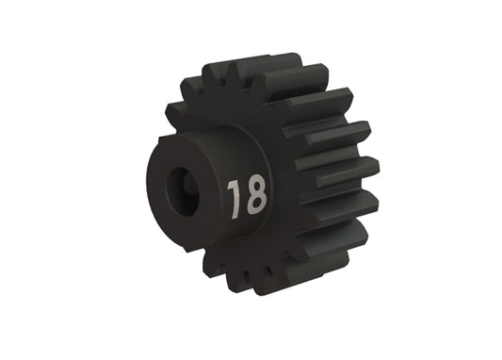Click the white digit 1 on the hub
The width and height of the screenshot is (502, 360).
click(235, 196)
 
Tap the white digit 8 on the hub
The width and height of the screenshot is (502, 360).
click(255, 193)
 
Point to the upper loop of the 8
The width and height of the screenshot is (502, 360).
click(255, 184)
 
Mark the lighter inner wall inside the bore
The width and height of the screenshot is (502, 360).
click(188, 184)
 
